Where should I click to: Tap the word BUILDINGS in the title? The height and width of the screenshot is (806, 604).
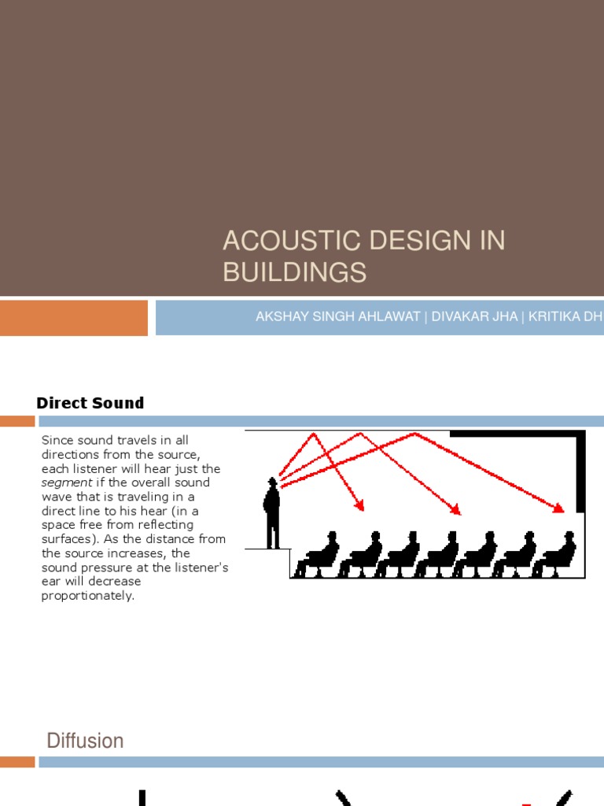coord(295,272)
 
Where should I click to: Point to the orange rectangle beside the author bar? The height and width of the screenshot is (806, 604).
coord(73,317)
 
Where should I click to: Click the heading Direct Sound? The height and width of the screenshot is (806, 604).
coord(90,403)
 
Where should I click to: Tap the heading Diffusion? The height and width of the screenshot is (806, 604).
coord(85,741)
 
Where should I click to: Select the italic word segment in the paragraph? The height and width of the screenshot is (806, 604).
coord(67,482)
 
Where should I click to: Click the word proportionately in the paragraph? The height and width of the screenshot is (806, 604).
coord(87,596)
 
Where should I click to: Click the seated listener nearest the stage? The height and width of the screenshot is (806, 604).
coord(318,555)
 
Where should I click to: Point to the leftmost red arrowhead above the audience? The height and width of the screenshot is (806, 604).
coord(361,506)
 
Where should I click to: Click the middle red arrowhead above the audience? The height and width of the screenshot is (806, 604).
coord(457,511)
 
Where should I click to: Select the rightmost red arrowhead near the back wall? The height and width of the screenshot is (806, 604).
coord(560,508)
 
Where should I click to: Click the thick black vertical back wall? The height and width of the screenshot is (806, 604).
coord(581,472)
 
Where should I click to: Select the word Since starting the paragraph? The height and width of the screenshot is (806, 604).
coord(56,440)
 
